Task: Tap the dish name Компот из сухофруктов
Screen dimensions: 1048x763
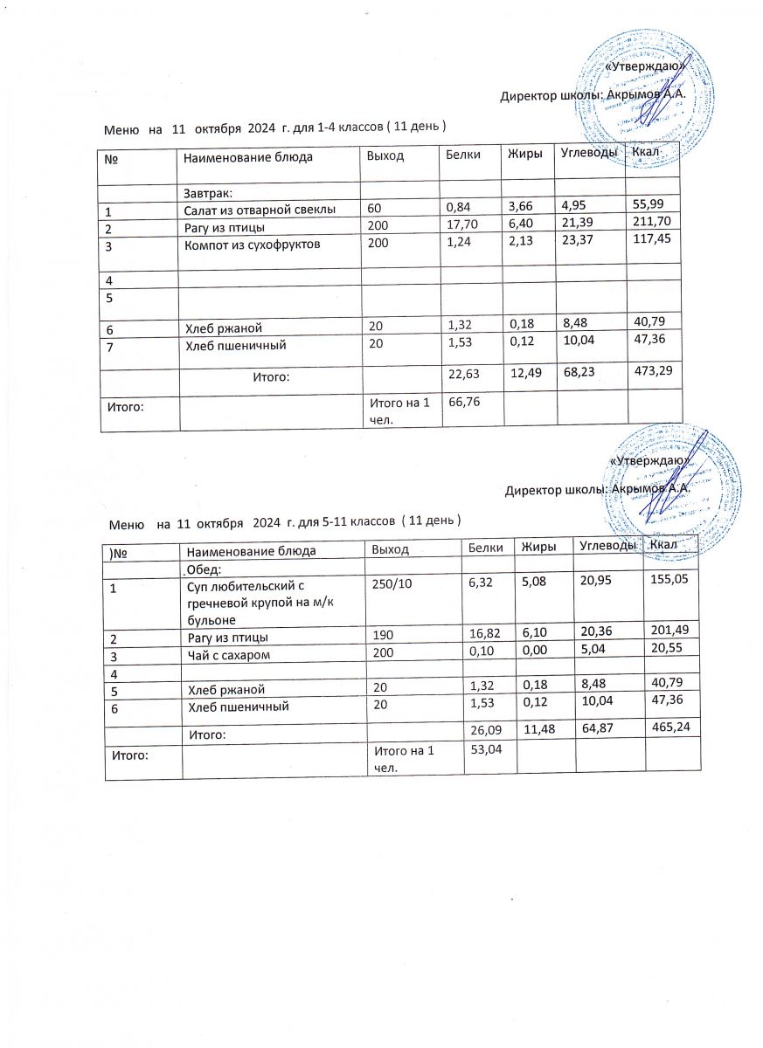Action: tap(253, 245)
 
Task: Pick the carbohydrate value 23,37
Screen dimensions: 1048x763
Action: tap(577, 245)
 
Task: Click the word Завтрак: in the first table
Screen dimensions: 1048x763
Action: tap(206, 192)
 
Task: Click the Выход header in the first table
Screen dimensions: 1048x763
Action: tap(382, 157)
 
